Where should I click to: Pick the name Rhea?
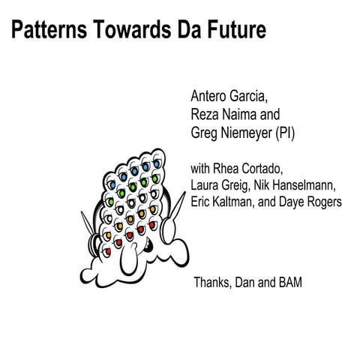[x=229, y=167]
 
